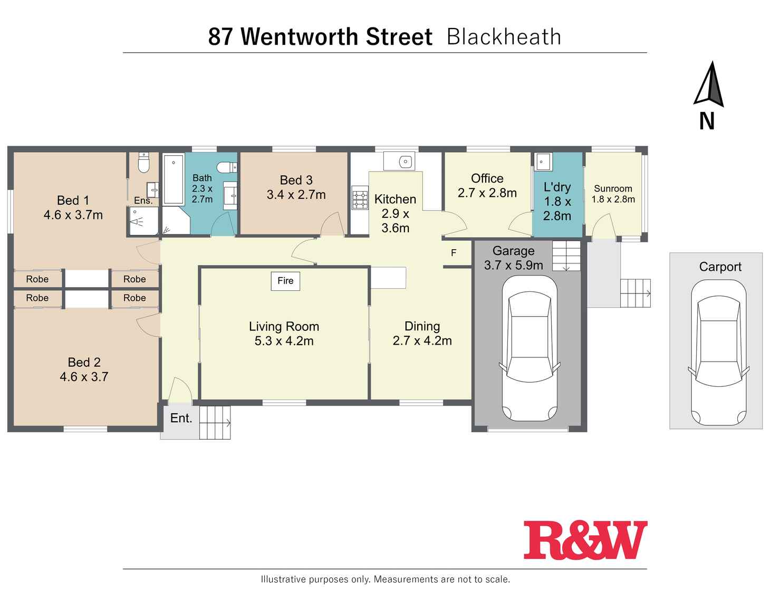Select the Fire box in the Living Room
(x=285, y=281)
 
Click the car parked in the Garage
(x=529, y=348)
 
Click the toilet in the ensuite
(x=143, y=163)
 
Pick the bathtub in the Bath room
(x=174, y=179)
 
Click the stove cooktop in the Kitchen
(x=360, y=198)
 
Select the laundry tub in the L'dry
(x=543, y=162)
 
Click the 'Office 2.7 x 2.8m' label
(x=487, y=186)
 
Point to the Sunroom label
(x=613, y=194)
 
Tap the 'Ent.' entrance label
(x=181, y=418)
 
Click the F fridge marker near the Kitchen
(x=454, y=253)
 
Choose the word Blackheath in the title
(x=504, y=37)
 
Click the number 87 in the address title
(x=220, y=37)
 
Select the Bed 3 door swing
(x=333, y=224)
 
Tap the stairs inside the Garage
(x=566, y=255)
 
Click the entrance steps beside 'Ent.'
(x=215, y=422)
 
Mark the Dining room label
(x=422, y=334)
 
